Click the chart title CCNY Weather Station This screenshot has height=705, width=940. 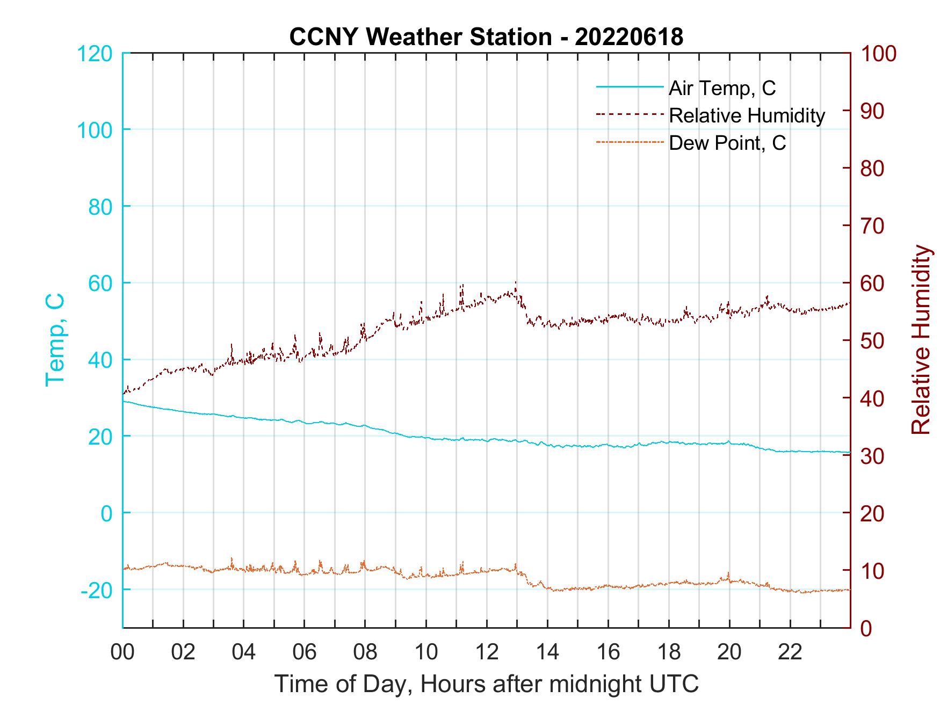pyautogui.click(x=486, y=37)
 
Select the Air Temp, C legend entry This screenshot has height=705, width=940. pyautogui.click(x=721, y=88)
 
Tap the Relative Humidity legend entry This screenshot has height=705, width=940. pyautogui.click(x=747, y=115)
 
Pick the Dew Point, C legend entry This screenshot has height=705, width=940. pyautogui.click(x=727, y=143)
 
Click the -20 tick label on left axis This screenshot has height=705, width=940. pyautogui.click(x=97, y=590)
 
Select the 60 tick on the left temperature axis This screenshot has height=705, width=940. pyautogui.click(x=99, y=283)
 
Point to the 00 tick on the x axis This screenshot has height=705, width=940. pyautogui.click(x=122, y=652)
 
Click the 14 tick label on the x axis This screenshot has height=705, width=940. pyautogui.click(x=547, y=652)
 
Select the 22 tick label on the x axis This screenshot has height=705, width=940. pyautogui.click(x=790, y=652)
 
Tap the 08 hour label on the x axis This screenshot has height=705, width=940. pyautogui.click(x=365, y=652)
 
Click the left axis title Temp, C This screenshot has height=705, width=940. pyautogui.click(x=55, y=339)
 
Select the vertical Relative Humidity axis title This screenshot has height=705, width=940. pyautogui.click(x=921, y=339)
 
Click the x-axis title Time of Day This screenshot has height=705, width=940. pyautogui.click(x=486, y=685)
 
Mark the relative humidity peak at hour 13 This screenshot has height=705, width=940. pyautogui.click(x=516, y=282)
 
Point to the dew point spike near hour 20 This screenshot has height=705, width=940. pyautogui.click(x=729, y=573)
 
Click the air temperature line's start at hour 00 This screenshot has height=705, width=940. pyautogui.click(x=124, y=401)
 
